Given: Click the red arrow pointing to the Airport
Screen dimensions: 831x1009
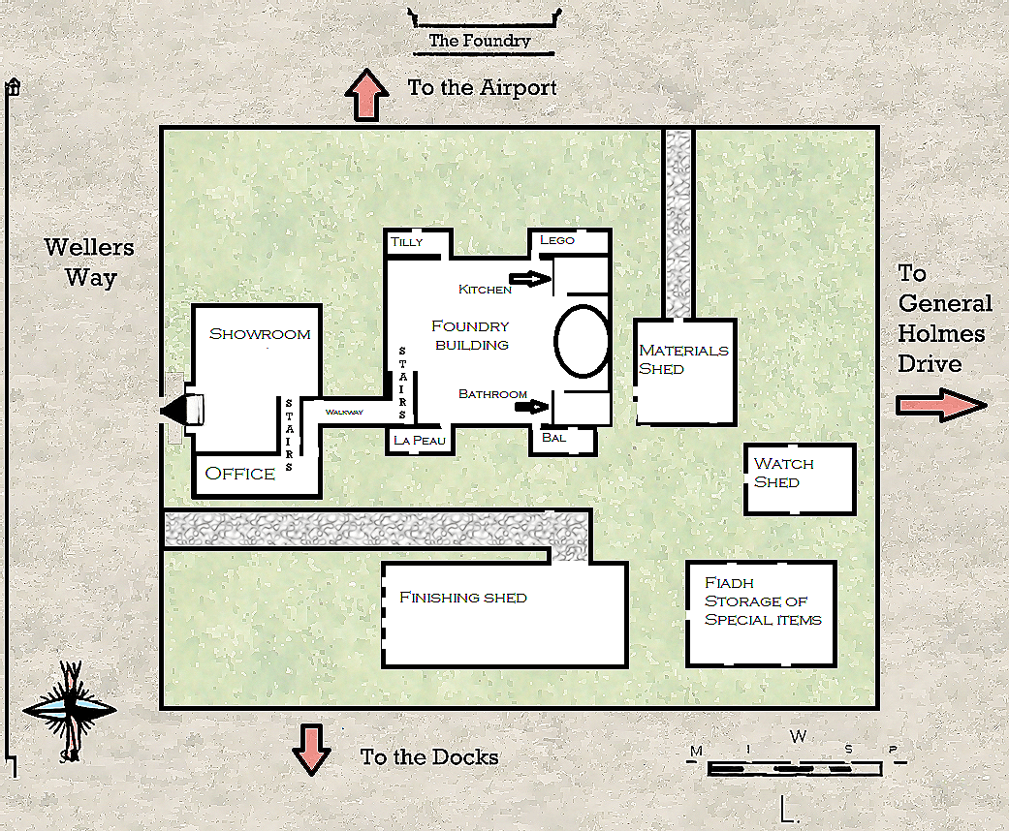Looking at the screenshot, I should tap(367, 95).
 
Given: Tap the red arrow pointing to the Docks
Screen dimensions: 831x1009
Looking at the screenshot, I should tap(312, 749).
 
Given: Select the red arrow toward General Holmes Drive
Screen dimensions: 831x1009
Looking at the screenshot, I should tap(939, 406).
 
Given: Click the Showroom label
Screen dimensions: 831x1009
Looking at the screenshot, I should tap(260, 334).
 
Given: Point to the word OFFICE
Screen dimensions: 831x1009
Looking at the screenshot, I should tap(240, 474).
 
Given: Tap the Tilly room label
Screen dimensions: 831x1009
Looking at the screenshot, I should tap(407, 241).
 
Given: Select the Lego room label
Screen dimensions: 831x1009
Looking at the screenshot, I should tap(557, 240).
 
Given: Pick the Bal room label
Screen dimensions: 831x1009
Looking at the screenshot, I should tap(553, 438).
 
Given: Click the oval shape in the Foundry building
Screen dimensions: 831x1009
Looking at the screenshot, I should tap(582, 341).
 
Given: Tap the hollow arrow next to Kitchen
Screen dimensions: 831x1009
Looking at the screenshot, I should tap(530, 279).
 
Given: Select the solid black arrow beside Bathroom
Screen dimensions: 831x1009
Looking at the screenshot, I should tap(530, 408).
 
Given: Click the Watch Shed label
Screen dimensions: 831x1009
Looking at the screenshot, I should tap(783, 473).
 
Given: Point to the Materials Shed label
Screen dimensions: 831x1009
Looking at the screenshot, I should tap(682, 359).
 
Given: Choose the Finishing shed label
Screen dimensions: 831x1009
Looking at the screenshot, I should tap(462, 598).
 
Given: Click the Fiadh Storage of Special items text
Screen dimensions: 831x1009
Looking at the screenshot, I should tap(762, 601).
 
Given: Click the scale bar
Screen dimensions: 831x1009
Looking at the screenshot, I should tap(795, 768).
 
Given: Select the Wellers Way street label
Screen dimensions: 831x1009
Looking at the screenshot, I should tap(89, 262).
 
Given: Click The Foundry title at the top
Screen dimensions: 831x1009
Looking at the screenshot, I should tap(480, 41).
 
